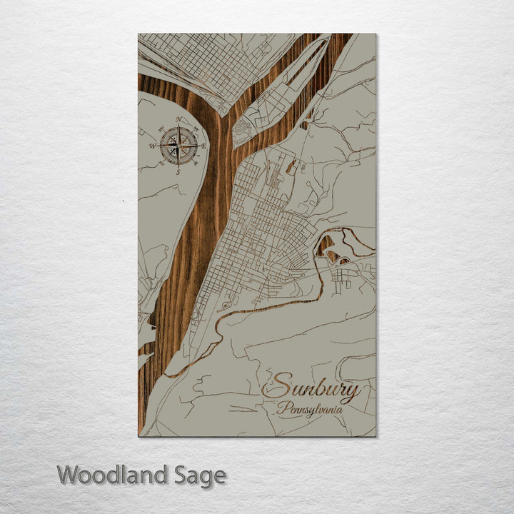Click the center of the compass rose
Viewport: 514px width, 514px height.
(178, 146)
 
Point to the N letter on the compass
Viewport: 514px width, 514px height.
(178, 120)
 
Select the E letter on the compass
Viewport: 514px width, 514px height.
(204, 146)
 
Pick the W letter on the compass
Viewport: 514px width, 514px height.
(152, 146)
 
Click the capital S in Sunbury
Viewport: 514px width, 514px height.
(274, 387)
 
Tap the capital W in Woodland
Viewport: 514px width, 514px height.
(69, 475)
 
